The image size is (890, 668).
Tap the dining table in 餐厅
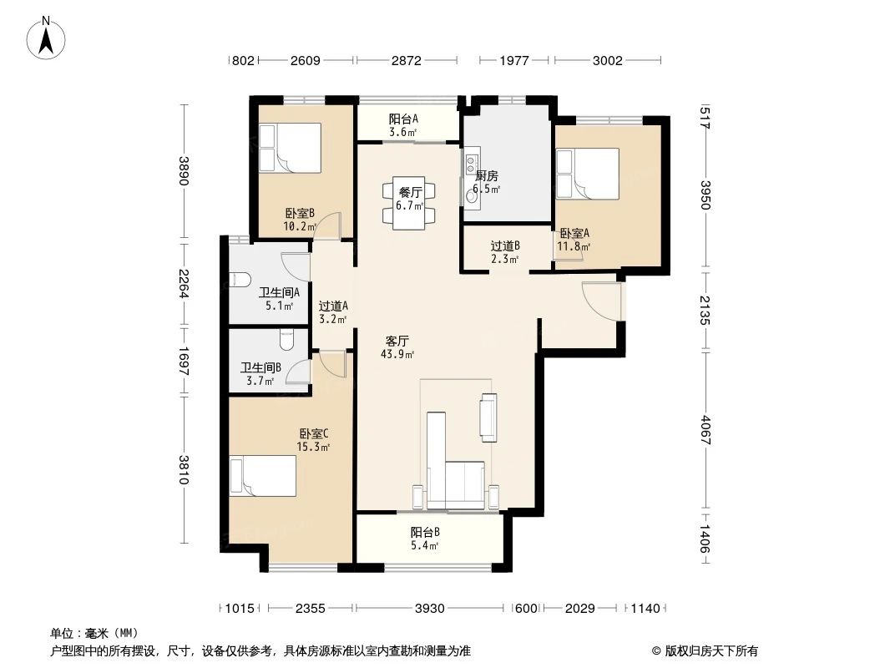409,203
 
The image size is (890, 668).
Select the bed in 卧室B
290,148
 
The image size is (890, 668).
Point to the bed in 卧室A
588,174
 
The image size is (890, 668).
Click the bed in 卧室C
263,476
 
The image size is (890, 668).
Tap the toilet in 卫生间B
286,340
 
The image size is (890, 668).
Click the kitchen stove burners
471,164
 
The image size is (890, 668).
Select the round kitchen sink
471,196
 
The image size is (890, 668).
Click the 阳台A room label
403,119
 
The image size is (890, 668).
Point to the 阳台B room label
425,532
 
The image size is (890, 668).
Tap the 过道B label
505,245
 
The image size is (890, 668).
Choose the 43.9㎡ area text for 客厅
397,354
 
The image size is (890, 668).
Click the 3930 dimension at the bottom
430,609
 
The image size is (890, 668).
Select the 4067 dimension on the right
705,430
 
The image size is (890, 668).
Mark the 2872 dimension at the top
407,60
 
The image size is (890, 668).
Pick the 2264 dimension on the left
184,284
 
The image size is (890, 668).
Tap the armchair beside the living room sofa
488,417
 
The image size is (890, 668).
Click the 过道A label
333,306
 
